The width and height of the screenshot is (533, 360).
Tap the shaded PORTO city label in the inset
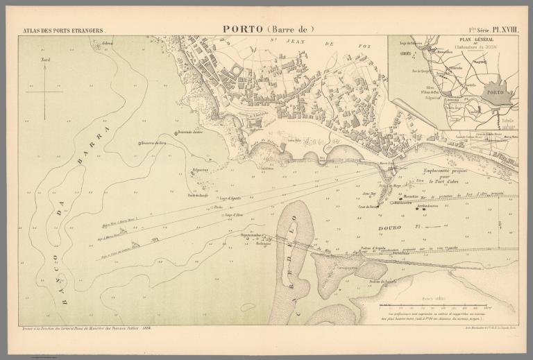point(496,92)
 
